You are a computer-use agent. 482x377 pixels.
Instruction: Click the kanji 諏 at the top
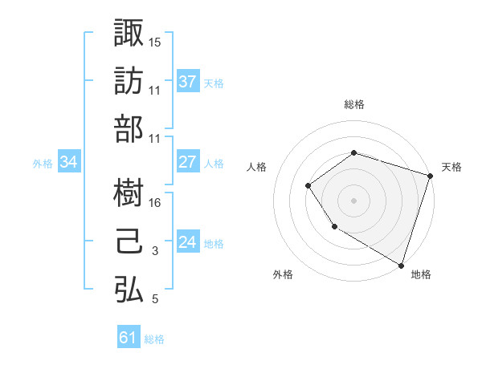[129, 33]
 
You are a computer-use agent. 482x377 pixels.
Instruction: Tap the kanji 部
[129, 129]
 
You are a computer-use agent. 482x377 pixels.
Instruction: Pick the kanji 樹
[129, 193]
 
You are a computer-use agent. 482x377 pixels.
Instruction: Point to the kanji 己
[129, 241]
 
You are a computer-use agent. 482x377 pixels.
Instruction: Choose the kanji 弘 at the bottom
[129, 290]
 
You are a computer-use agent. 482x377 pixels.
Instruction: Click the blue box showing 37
[187, 81]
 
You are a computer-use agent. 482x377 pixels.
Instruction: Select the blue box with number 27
[187, 162]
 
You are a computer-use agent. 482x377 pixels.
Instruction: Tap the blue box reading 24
[187, 242]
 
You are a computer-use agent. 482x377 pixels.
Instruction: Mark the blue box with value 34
[69, 162]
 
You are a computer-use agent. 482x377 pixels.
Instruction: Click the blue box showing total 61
[129, 338]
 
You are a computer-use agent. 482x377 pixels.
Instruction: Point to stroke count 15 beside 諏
[155, 42]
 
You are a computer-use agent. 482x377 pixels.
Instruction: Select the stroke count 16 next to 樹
[155, 203]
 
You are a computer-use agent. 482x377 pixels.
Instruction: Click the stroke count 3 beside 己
[155, 251]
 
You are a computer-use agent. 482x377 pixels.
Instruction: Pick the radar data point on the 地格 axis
[400, 264]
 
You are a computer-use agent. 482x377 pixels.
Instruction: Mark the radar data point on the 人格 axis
[308, 186]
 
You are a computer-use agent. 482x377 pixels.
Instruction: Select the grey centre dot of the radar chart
[353, 201]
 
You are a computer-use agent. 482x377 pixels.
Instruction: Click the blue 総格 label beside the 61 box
[154, 339]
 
